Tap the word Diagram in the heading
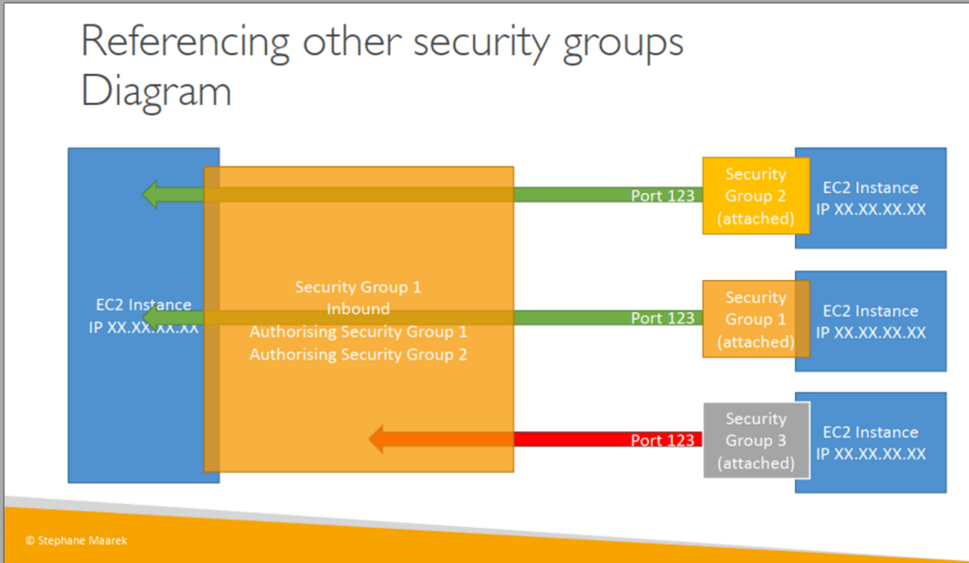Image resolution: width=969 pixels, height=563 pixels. pos(156,92)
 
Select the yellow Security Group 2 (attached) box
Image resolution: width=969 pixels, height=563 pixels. pos(756,196)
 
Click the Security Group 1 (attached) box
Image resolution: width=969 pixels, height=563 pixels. pos(756,319)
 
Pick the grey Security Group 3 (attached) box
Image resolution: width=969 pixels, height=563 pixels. pos(756,441)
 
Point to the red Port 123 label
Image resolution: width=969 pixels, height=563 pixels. pos(662,440)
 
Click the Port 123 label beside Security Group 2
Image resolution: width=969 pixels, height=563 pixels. pos(662,195)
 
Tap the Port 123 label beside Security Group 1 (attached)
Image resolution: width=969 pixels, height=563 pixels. pos(662,318)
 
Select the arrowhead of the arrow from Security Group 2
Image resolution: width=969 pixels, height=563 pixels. pos(150,195)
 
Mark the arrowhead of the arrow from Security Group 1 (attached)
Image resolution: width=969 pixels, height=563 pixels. pos(150,318)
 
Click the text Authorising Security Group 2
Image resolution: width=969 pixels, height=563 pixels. pos(359,355)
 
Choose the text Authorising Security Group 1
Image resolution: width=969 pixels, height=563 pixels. pos(359,332)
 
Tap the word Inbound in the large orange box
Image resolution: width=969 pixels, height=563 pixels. pos(359,309)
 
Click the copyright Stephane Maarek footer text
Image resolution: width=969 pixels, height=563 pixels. pos(77,540)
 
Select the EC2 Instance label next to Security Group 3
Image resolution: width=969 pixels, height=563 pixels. pos(871,432)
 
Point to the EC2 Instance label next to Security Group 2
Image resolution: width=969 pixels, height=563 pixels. pos(871,187)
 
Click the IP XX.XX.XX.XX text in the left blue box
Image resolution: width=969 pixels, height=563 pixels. pos(144,327)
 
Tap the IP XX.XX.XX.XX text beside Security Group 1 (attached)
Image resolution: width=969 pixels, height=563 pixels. pos(871,332)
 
